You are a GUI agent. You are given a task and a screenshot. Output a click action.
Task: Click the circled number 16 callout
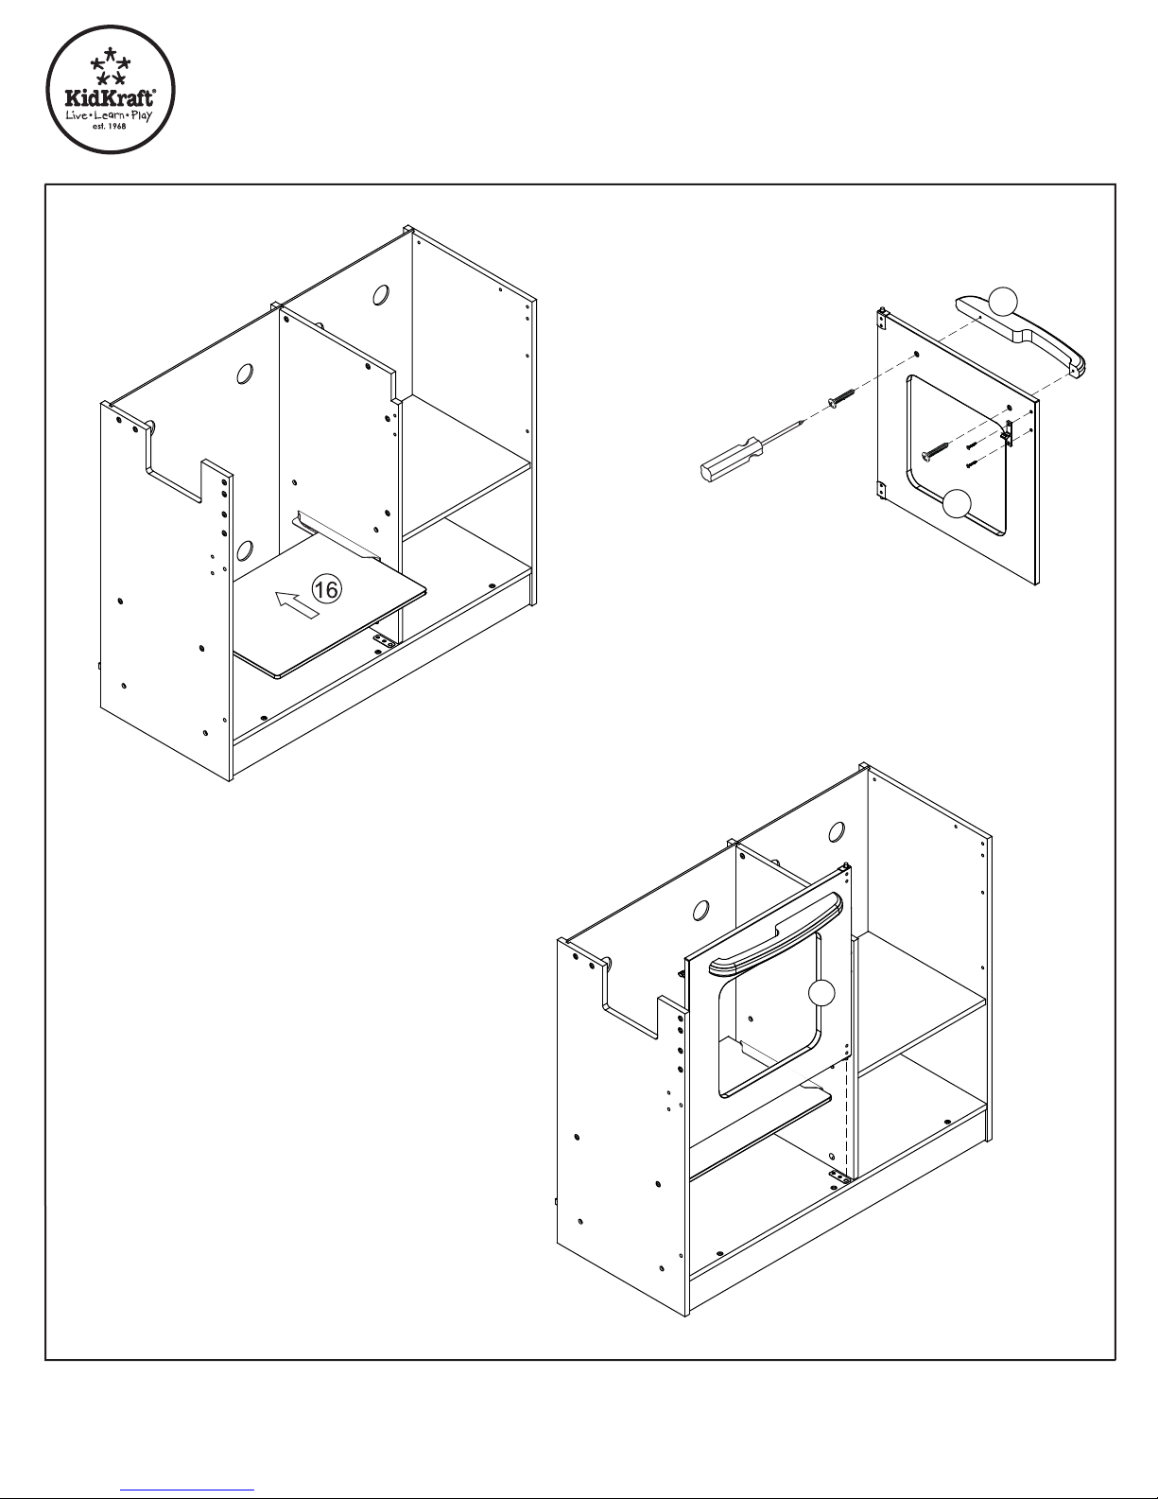point(327,588)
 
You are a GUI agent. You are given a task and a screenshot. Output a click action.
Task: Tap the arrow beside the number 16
point(297,604)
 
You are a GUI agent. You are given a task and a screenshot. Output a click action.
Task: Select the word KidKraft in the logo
point(111,97)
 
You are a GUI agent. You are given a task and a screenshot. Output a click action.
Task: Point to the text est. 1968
point(110,126)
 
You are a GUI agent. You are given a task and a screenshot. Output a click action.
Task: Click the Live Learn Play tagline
point(109,114)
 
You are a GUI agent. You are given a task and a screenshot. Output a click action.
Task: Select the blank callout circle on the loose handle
point(1003,301)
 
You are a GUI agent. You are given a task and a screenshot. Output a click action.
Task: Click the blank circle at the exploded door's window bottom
point(956,503)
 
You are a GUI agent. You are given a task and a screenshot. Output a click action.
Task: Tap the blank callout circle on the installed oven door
point(821,993)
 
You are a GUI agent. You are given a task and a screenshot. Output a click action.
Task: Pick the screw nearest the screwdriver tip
point(841,398)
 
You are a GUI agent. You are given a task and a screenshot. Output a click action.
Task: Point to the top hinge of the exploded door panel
point(881,319)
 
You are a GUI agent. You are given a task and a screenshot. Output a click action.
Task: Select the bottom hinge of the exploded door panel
point(881,490)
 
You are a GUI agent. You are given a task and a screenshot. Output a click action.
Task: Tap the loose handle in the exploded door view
point(1021,336)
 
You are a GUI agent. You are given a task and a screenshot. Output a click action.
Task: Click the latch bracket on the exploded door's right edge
point(1007,432)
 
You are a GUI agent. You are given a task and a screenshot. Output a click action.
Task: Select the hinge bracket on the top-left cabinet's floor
point(384,641)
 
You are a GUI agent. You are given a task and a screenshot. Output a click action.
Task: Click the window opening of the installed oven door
point(769,1013)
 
